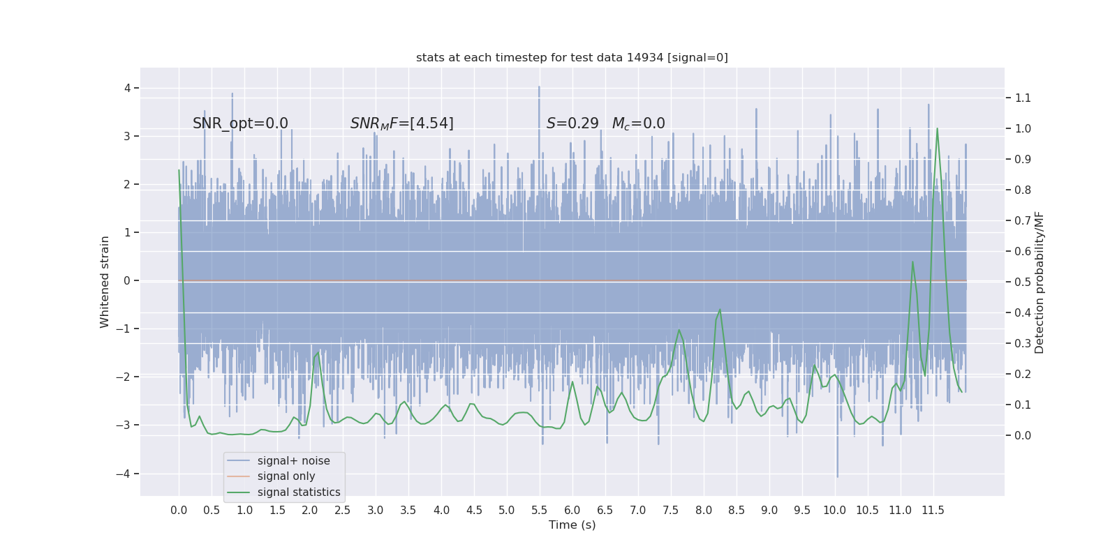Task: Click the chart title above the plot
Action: [572, 57]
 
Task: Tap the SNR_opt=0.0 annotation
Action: [240, 123]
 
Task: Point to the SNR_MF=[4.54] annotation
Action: [401, 123]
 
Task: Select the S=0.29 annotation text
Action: [572, 123]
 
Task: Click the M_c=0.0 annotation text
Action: [638, 123]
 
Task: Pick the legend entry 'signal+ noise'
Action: [293, 461]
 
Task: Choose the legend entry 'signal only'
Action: [286, 476]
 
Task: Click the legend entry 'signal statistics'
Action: [298, 492]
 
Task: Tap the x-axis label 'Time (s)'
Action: [572, 525]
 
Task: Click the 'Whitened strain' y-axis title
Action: [105, 282]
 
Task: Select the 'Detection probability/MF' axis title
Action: [1040, 282]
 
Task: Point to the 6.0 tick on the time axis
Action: [572, 510]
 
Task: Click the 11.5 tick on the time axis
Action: [933, 510]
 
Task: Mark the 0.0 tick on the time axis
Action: [179, 510]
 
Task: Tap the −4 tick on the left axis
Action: [127, 474]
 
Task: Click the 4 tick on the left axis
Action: [128, 88]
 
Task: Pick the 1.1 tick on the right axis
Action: [1023, 98]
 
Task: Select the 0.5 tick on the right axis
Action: [1023, 282]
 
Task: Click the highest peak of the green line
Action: [937, 128]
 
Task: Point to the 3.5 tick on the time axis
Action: [408, 510]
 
